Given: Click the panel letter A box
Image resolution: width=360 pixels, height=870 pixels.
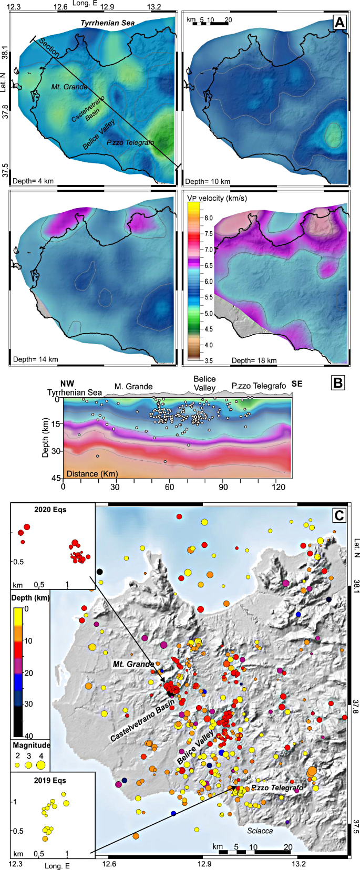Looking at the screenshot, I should (340, 22).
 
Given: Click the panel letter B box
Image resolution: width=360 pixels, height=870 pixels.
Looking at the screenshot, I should (337, 382).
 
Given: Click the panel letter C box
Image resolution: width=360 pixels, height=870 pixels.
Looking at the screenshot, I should (340, 515).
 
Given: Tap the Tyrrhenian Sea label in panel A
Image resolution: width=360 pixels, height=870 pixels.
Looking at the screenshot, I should (107, 23).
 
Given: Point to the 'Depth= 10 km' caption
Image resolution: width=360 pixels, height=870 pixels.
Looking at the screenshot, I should (208, 181).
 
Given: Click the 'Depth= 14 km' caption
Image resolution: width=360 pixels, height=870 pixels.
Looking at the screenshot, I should (35, 359).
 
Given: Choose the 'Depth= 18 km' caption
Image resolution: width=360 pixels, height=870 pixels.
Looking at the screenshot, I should (254, 360).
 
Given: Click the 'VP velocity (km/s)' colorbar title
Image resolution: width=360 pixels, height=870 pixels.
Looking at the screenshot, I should (217, 199).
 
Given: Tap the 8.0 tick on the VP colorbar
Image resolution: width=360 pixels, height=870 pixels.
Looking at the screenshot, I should (209, 218).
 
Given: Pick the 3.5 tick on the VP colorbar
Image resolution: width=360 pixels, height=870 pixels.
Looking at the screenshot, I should (209, 361).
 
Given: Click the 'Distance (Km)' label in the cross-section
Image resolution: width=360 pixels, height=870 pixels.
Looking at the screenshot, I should (92, 473).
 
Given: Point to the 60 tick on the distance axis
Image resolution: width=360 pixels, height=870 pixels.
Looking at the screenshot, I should (169, 487).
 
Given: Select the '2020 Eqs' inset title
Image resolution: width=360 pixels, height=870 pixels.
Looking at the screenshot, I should (50, 509).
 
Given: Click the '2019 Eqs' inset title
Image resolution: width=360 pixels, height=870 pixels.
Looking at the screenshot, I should (50, 780).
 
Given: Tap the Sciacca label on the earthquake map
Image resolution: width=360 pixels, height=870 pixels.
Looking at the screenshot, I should (260, 831).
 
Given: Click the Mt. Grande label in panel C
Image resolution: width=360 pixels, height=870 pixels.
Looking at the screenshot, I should (133, 664).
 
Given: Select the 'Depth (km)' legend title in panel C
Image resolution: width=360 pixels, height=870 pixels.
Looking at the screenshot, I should (30, 598).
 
